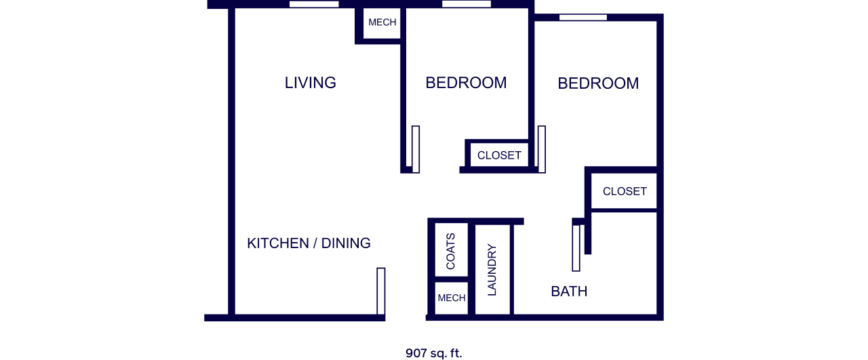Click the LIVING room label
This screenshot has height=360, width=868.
[311, 83]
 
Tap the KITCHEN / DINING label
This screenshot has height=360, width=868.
[309, 243]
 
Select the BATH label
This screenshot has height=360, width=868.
[569, 292]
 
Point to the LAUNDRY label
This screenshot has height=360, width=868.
[492, 270]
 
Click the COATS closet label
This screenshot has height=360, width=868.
[451, 251]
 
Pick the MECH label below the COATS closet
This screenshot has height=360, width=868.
[452, 298]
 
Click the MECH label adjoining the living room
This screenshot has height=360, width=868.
[382, 22]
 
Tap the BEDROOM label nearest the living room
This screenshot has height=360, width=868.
[466, 83]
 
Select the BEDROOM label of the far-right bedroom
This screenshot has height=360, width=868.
[598, 83]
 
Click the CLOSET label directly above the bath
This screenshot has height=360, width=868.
[625, 191]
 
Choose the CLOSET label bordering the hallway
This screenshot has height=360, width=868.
[500, 155]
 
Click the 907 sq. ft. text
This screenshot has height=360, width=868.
[434, 353]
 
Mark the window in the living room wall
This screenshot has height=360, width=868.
[314, 4]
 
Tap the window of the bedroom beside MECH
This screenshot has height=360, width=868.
[467, 4]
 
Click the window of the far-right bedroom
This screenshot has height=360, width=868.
[583, 18]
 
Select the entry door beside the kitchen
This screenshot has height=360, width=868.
[381, 292]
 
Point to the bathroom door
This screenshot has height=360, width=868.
[576, 248]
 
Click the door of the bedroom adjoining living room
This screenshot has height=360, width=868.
[416, 149]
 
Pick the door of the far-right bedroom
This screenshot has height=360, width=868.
[542, 149]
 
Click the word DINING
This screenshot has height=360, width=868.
[346, 243]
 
